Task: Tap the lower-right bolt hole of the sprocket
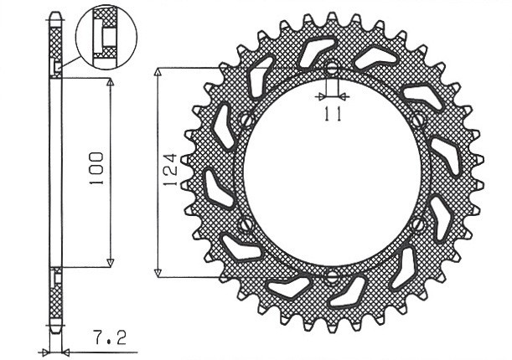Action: (418, 224)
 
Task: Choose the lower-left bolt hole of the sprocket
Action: (245, 224)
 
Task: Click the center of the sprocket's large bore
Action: (331, 173)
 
